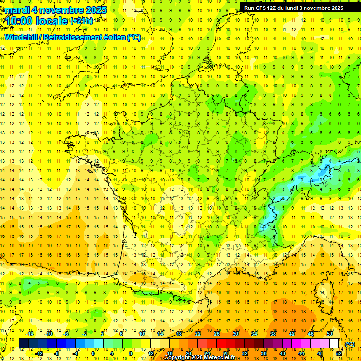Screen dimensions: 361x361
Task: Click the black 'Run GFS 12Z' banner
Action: tap(293, 8)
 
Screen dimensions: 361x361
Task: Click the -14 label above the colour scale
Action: tap(30, 334)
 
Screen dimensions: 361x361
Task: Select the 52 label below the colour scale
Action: tap(339, 353)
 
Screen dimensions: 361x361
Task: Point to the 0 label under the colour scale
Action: tap(94, 353)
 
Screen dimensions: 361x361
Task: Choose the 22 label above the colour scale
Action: tap(198, 334)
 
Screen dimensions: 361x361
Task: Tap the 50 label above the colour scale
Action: tap(329, 334)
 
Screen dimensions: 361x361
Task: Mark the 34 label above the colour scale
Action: tap(254, 334)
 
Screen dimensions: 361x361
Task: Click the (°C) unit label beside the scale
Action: tap(350, 344)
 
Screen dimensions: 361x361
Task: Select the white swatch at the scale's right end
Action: tap(335, 344)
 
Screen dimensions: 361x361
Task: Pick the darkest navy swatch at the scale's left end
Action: tap(24, 344)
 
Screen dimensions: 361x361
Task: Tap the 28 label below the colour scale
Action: tap(226, 353)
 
